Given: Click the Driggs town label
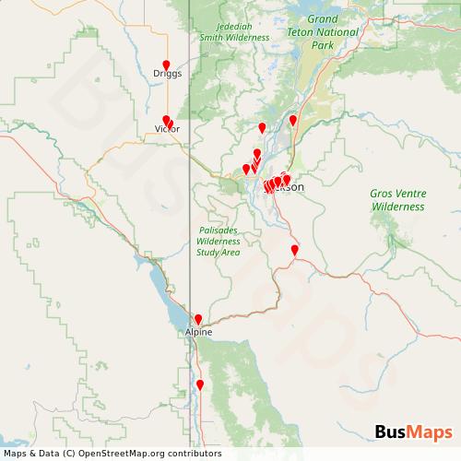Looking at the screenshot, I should [x=168, y=72].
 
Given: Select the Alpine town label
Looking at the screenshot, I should [x=199, y=331].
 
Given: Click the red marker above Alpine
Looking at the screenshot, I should [x=198, y=319].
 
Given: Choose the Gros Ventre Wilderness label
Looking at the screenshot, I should [x=397, y=200].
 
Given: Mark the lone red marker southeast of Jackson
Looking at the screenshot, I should [x=295, y=250].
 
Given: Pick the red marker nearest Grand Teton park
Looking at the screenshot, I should [x=293, y=120].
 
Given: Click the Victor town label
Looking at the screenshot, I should [x=167, y=130].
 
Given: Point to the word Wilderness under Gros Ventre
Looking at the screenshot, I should [x=397, y=207].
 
